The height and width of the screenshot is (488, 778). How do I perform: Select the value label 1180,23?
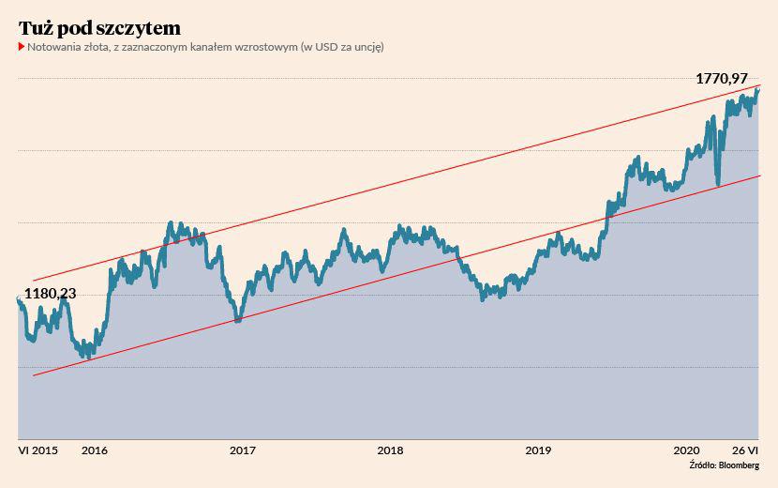50,293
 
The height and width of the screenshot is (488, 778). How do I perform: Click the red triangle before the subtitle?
22,46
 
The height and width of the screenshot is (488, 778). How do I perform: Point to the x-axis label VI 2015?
37,450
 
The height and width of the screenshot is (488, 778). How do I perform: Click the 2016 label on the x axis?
94,450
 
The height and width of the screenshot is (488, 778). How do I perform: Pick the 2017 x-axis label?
243,450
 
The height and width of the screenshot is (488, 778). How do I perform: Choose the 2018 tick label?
391,450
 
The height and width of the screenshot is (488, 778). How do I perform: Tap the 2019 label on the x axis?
538,450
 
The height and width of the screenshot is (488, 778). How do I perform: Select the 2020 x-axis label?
687,450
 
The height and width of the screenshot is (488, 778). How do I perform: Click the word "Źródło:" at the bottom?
702,465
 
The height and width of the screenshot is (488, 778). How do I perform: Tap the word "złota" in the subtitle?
103,46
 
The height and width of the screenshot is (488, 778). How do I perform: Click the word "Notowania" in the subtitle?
53,46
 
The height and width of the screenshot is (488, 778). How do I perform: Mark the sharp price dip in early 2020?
717,184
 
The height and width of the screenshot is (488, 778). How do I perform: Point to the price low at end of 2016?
237,320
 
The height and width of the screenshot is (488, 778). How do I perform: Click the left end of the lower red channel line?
33,375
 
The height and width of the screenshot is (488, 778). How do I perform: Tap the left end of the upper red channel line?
33,281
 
